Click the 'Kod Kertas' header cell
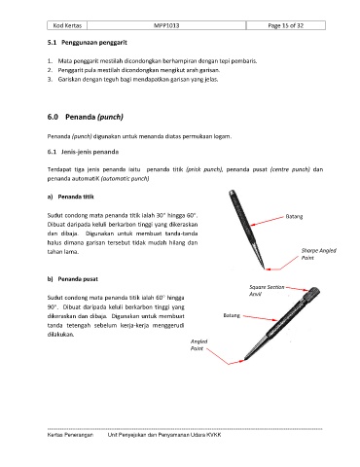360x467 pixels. tap(67, 25)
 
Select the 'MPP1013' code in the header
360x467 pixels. tap(166, 25)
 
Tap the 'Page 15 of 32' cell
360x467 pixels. tap(286, 25)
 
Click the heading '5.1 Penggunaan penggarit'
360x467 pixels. tap(88, 43)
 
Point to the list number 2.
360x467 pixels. tap(50, 70)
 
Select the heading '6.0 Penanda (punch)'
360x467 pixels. tap(86, 117)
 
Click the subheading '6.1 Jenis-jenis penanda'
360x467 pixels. tap(83, 152)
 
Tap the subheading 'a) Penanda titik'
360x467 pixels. tap(71, 197)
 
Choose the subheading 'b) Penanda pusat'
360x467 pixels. tap(73, 279)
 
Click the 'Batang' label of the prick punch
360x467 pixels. tap(294, 216)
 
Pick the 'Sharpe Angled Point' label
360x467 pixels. tap(318, 254)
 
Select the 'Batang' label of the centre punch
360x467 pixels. tap(232, 315)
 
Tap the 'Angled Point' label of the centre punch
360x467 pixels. tap(198, 344)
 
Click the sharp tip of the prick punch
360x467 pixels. tap(264, 269)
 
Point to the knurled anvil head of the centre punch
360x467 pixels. tap(313, 292)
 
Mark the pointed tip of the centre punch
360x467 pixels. tap(244, 360)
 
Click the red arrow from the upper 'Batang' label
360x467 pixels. tap(268, 221)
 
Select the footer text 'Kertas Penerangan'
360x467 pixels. tap(70, 435)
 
